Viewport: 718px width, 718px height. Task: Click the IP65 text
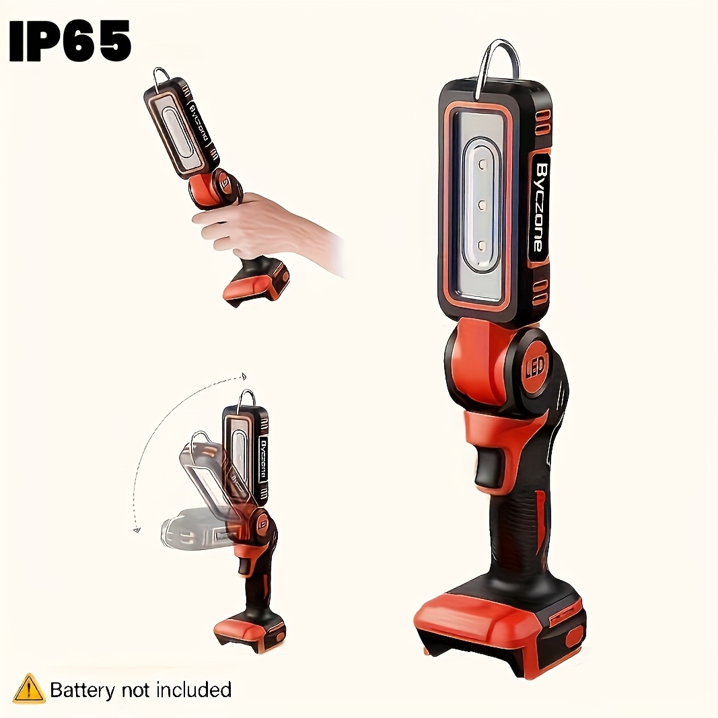click(70, 41)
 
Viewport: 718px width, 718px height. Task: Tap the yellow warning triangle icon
click(29, 688)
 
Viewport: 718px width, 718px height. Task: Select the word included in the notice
click(194, 689)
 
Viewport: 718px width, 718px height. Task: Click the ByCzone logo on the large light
click(540, 207)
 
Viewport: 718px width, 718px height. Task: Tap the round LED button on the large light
click(535, 366)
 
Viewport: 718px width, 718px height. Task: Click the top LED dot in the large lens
click(481, 164)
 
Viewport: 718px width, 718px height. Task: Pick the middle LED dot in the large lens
click(481, 205)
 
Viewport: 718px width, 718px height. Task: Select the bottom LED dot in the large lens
click(481, 246)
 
